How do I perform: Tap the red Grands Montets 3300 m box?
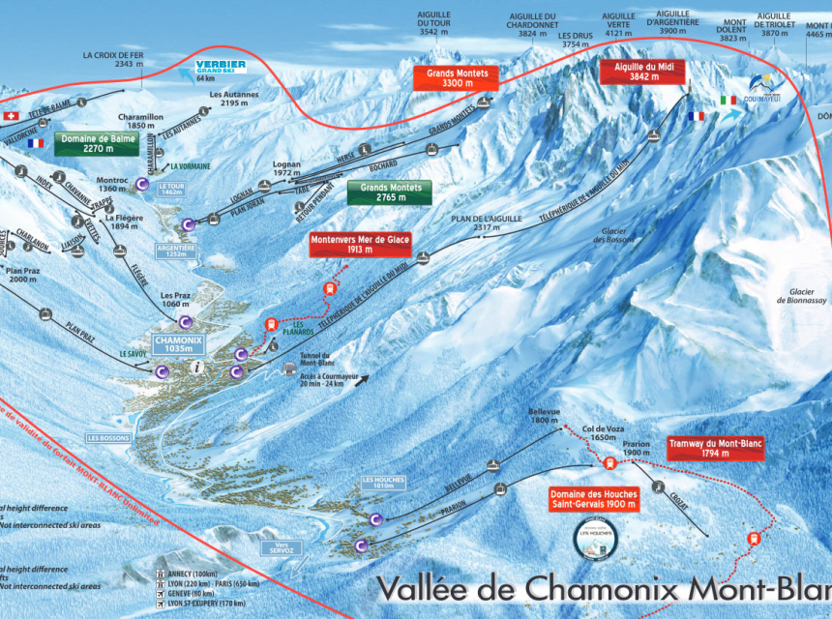[458, 78]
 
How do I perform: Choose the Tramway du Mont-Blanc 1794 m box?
[716, 448]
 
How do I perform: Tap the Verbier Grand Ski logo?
[220, 68]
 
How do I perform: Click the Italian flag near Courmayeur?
[728, 100]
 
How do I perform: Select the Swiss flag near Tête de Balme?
[12, 116]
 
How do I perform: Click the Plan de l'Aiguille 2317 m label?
[479, 224]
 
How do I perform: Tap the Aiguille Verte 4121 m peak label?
[618, 23]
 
